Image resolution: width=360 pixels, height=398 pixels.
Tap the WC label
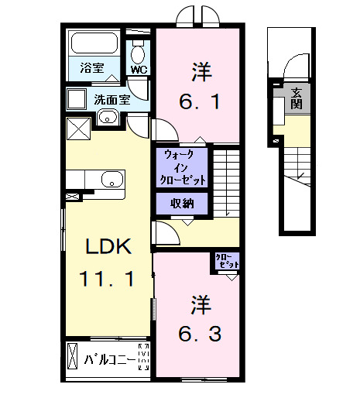(x=139, y=70)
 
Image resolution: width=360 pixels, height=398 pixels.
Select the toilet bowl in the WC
(x=138, y=53)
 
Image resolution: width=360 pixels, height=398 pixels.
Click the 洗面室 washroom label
(x=111, y=98)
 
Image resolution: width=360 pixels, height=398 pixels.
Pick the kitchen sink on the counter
(x=111, y=180)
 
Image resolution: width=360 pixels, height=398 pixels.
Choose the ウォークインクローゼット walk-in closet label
(x=183, y=167)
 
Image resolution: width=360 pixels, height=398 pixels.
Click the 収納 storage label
(x=183, y=204)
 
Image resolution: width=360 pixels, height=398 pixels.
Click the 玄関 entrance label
(x=298, y=98)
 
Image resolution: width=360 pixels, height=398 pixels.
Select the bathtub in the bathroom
(x=91, y=43)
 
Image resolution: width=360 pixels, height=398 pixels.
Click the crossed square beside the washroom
(x=78, y=128)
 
